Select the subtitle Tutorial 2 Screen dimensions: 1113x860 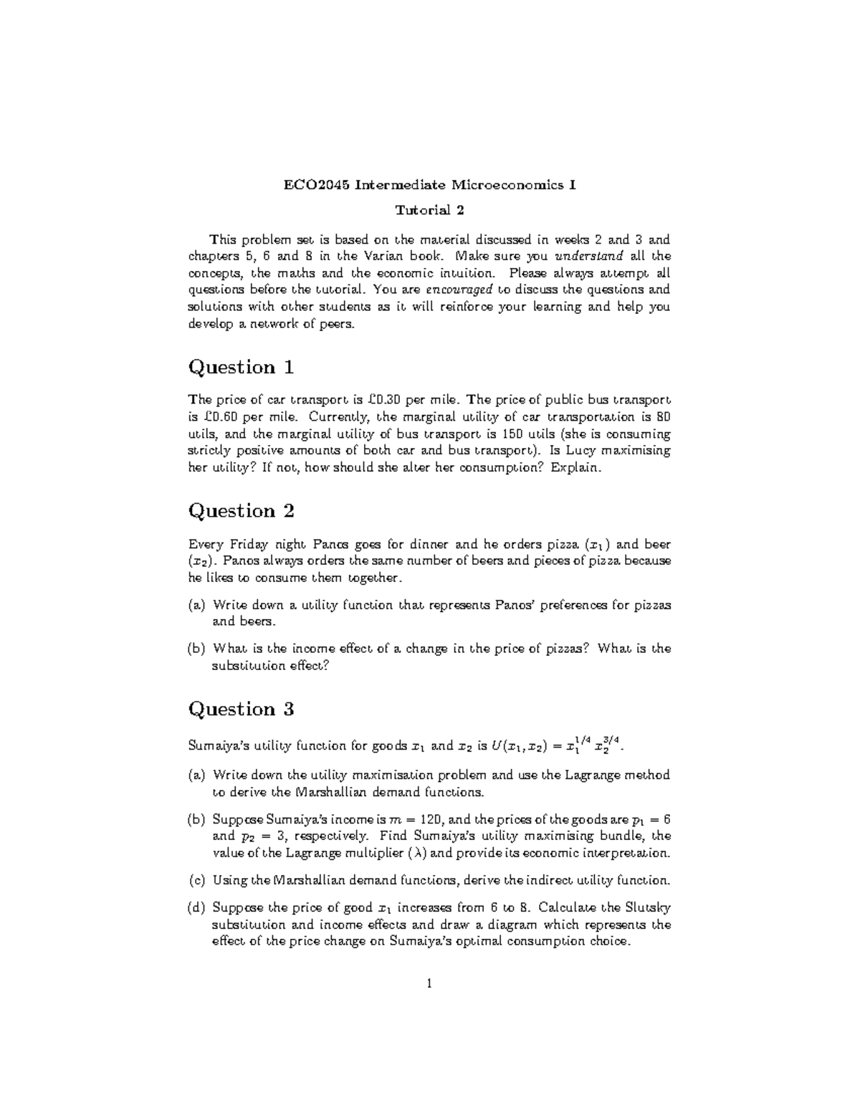pyautogui.click(x=430, y=210)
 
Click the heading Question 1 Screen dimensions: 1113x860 pyautogui.click(x=241, y=368)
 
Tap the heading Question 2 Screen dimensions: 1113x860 pyautogui.click(x=241, y=511)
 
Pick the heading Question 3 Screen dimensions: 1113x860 pyautogui.click(x=241, y=710)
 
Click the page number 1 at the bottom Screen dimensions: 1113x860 pyautogui.click(x=429, y=984)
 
